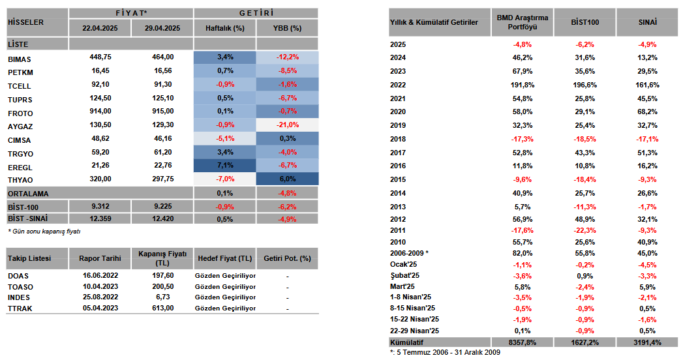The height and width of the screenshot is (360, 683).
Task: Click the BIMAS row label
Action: (19, 59)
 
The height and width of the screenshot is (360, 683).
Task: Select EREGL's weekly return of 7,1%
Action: (225, 166)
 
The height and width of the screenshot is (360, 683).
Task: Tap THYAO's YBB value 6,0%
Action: (288, 179)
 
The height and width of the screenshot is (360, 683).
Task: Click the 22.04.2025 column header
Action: (100, 28)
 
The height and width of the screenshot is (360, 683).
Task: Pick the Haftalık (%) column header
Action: (225, 28)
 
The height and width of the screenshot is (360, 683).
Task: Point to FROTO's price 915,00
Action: (163, 112)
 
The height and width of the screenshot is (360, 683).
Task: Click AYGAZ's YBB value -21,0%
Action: (288, 125)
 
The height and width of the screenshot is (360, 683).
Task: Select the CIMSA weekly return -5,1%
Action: (225, 138)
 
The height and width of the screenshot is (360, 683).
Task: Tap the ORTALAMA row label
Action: (28, 194)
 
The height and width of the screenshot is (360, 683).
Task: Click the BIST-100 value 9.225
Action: (163, 206)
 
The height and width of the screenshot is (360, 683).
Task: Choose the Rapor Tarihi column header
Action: (100, 258)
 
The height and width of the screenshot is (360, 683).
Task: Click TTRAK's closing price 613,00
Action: (163, 308)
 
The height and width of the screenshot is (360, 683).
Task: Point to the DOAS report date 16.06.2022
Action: (100, 276)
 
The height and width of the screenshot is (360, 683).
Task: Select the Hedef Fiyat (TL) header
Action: (225, 258)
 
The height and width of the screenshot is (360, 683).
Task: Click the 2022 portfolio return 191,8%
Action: (523, 85)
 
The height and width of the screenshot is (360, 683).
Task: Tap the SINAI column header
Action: (647, 22)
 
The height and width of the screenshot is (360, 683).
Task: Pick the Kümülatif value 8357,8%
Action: (523, 342)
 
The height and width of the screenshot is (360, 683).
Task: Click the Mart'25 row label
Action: (402, 287)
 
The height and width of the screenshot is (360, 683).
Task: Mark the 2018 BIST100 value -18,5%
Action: (585, 140)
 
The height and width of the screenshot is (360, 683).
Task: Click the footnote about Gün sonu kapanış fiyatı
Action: (44, 232)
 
